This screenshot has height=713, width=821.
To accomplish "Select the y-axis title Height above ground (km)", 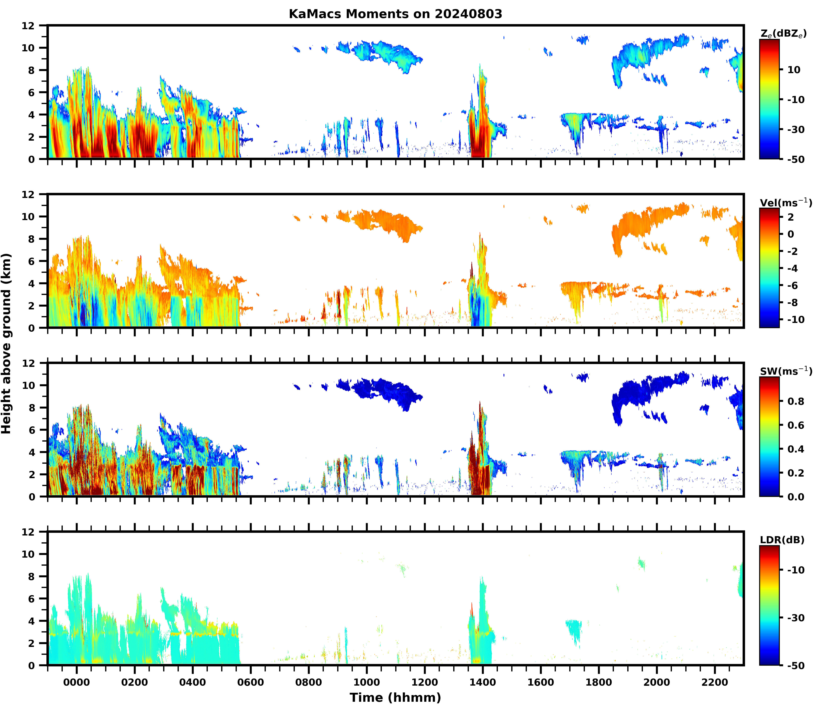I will (6, 343).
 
